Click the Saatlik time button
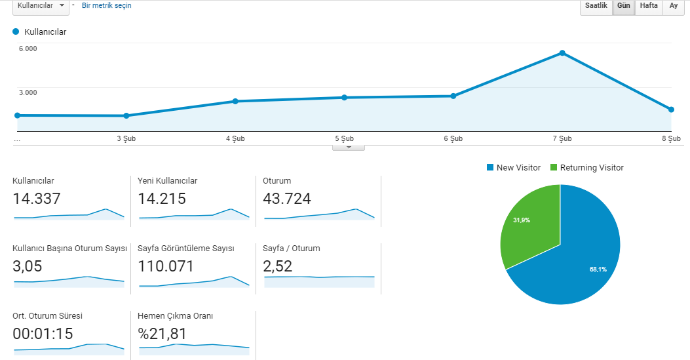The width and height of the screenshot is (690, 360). [x=596, y=6]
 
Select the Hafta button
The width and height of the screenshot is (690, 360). [x=649, y=6]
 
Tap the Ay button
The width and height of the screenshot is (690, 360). [x=674, y=6]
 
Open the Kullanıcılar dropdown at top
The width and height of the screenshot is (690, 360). [x=41, y=6]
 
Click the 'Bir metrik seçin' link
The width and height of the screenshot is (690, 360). [x=107, y=6]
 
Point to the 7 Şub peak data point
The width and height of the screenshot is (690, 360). [x=562, y=53]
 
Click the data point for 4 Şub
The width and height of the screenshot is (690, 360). [x=235, y=101]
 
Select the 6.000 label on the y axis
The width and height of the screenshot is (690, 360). [x=28, y=49]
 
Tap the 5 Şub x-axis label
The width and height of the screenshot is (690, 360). [x=344, y=138]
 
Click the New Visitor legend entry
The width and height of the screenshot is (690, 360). [x=514, y=168]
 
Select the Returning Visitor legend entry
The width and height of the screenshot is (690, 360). [x=587, y=168]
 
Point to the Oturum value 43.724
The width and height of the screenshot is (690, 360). [x=287, y=199]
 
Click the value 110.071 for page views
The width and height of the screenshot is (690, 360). [x=166, y=266]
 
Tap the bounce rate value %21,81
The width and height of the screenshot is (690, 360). [x=162, y=334]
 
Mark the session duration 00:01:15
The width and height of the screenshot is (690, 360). [x=43, y=334]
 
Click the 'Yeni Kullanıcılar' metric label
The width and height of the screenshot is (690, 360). [x=167, y=181]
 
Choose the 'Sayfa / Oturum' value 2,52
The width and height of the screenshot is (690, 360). [x=278, y=267]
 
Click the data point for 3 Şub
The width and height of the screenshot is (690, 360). [x=126, y=116]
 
